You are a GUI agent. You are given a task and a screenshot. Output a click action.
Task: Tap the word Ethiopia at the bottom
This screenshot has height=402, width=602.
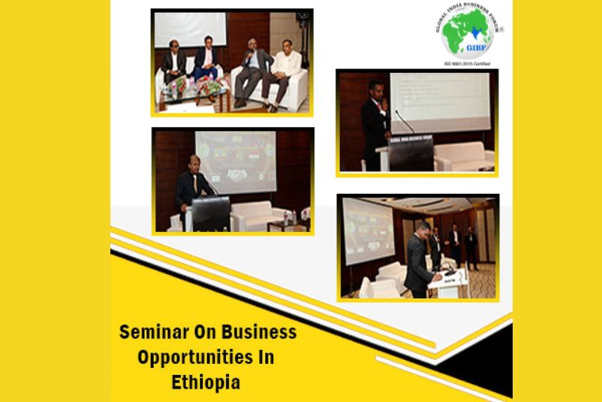click(x=206, y=382)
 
